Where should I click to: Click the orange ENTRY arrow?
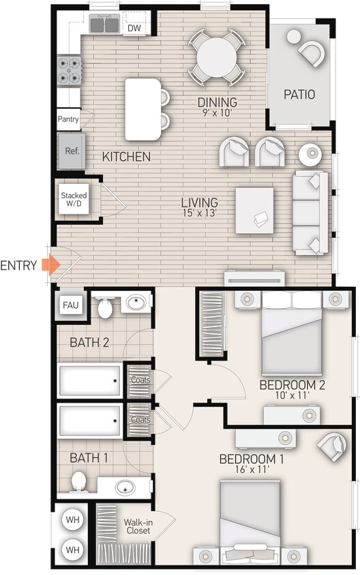tap(49, 265)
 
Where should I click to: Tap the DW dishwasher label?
tap(134, 28)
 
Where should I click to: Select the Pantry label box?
tap(69, 119)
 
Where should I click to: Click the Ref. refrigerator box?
tap(72, 151)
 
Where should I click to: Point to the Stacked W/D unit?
tap(74, 199)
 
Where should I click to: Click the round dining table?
tap(216, 56)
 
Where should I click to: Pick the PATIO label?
tap(299, 95)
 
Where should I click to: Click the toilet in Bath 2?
tap(104, 309)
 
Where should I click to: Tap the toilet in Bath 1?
tap(79, 482)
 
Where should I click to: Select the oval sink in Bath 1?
tap(125, 487)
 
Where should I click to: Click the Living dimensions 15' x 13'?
tap(199, 214)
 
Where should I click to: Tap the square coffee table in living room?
tap(254, 211)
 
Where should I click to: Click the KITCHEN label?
tap(126, 157)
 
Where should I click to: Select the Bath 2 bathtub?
tap(91, 381)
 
